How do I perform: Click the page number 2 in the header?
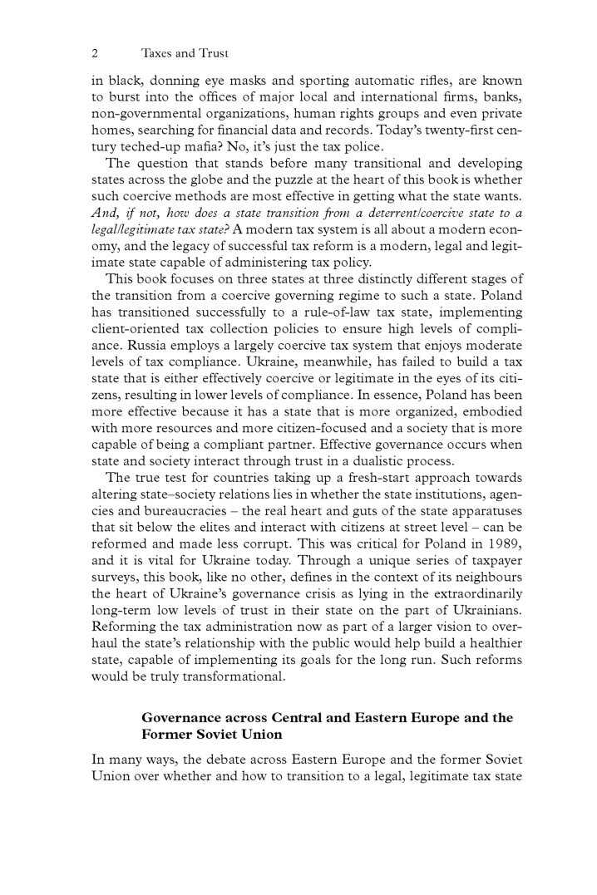(x=95, y=53)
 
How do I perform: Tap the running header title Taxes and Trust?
(x=185, y=53)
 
